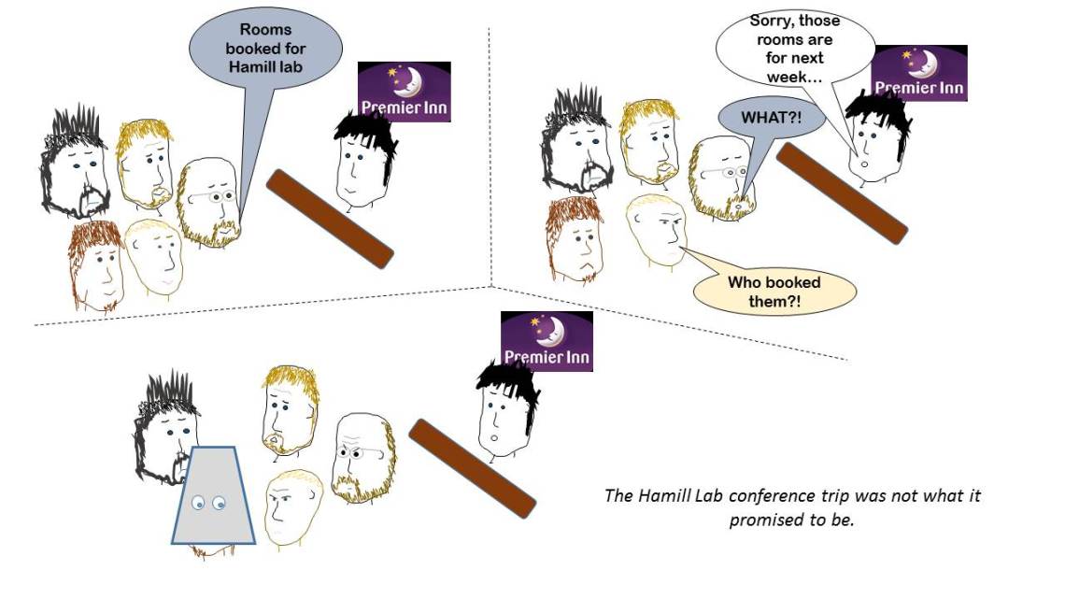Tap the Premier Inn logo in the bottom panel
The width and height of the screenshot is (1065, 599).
point(547,341)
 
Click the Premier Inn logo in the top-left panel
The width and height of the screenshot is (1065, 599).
point(405,92)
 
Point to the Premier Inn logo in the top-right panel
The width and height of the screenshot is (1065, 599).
point(918,73)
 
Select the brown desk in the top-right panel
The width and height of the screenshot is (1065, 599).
point(842,193)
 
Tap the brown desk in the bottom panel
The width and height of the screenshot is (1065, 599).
point(472,467)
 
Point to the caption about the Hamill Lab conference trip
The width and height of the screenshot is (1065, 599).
point(792,506)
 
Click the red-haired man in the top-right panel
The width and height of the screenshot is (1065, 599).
point(575,239)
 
